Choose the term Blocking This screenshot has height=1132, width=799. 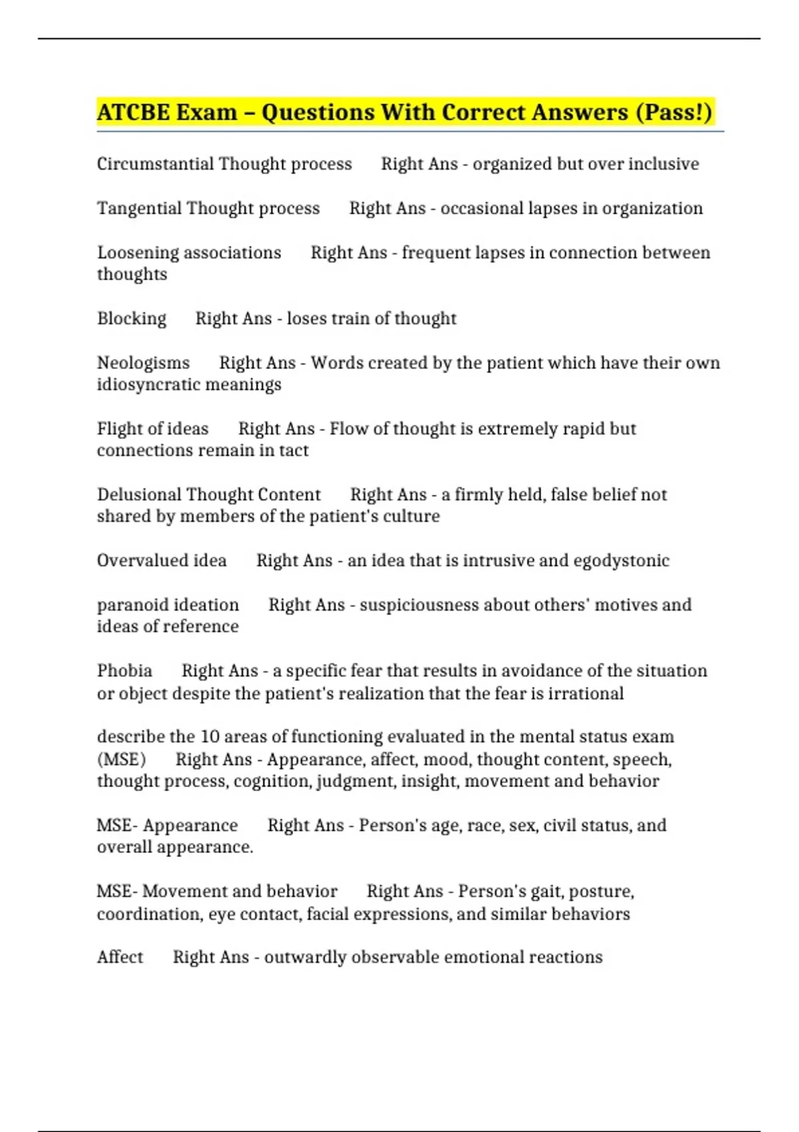[x=131, y=318]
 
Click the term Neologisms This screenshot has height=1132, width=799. [x=143, y=363]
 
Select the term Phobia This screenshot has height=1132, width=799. [x=125, y=671]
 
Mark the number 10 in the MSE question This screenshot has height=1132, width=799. [x=210, y=736]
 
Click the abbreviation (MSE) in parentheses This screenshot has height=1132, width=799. [x=121, y=759]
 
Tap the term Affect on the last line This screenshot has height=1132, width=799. [x=120, y=957]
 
